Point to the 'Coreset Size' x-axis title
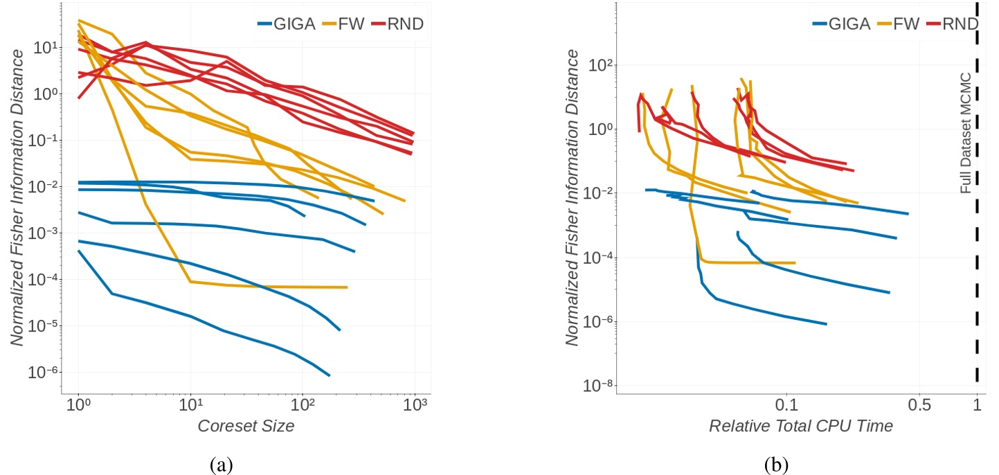[x=246, y=426]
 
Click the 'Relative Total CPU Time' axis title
[x=800, y=426]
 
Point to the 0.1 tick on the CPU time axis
[x=787, y=403]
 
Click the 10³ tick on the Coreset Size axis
[x=413, y=403]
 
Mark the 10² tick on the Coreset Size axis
[x=302, y=403]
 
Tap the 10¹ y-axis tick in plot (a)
[x=53, y=48]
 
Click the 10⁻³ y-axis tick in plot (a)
[x=52, y=233]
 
